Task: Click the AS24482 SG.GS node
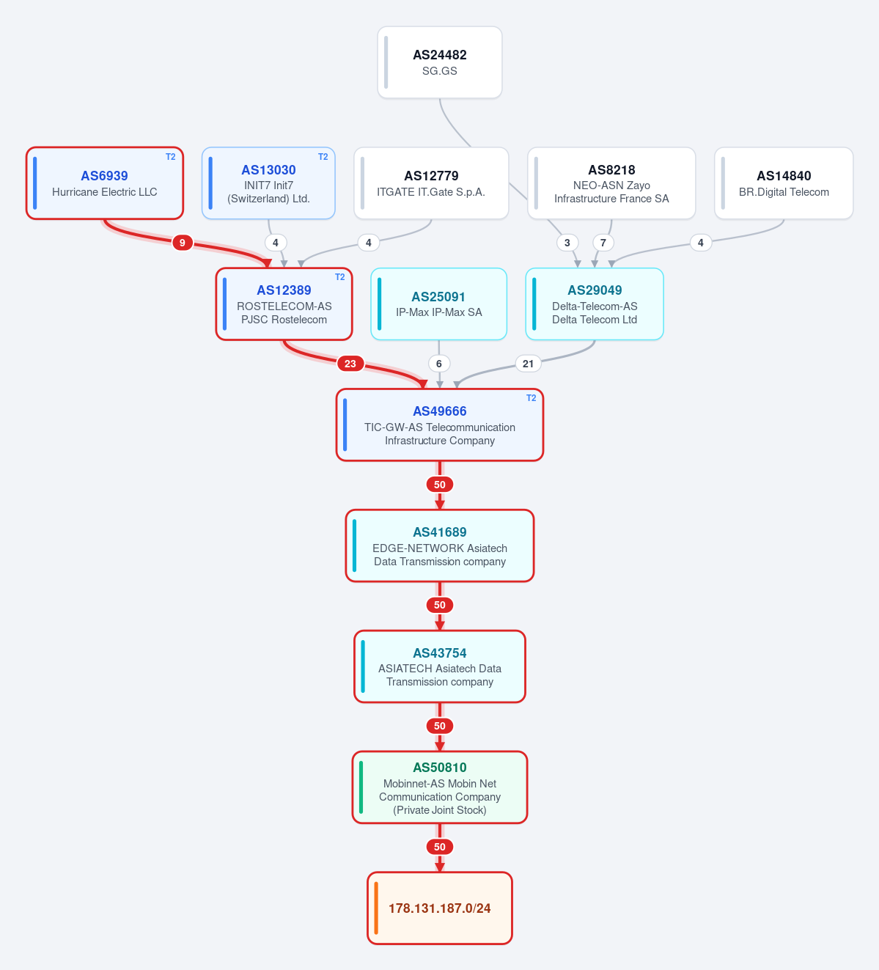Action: coord(440,62)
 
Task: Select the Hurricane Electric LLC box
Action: coord(104,183)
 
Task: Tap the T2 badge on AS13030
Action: coord(323,157)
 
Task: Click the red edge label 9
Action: coord(183,243)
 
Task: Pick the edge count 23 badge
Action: coord(350,364)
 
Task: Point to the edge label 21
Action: coord(528,364)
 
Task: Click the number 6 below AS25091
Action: coord(439,364)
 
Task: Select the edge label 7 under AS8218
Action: coord(603,243)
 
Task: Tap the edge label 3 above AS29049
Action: coord(567,243)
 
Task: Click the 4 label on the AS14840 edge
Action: coord(701,243)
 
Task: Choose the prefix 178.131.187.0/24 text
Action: coord(440,908)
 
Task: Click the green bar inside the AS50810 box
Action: coord(361,787)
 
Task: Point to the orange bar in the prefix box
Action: coord(376,908)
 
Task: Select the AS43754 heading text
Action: coord(440,653)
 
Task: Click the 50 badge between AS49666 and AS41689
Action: coord(440,485)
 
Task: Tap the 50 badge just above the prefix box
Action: coord(440,847)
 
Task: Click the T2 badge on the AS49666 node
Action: coord(531,398)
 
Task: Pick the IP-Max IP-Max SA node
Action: coord(439,304)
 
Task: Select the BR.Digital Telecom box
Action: coord(784,183)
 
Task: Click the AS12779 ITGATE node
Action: coord(431,183)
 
